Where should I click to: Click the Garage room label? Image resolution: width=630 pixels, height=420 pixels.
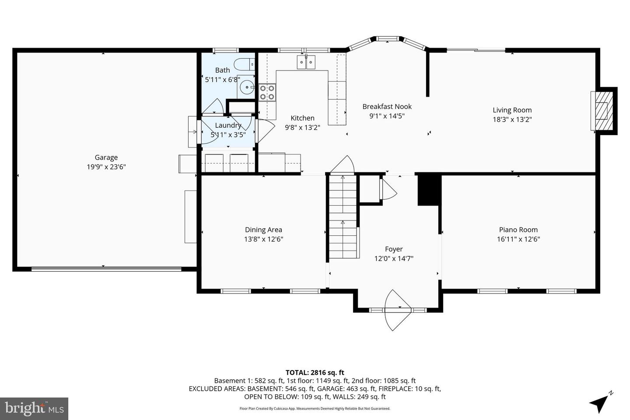tap(106, 157)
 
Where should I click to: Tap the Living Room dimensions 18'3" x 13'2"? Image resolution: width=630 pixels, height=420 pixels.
tap(512, 119)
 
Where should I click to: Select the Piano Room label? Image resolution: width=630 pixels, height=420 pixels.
tap(518, 230)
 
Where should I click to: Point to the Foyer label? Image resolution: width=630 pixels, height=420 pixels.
tap(394, 249)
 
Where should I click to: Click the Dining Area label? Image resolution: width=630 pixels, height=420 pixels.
tap(263, 230)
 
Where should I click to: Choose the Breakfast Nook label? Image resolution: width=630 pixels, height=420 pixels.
tap(387, 106)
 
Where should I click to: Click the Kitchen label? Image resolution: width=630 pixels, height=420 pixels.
tap(302, 118)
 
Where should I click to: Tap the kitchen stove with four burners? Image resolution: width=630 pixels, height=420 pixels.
tap(266, 92)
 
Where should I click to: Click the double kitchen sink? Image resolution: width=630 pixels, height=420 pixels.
tap(307, 62)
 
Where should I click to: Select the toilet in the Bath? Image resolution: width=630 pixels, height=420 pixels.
tap(245, 65)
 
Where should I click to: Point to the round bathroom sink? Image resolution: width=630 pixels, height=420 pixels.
tap(248, 87)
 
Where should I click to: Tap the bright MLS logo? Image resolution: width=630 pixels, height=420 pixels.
tap(34, 409)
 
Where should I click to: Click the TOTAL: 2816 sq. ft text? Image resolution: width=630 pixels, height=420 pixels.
tap(315, 373)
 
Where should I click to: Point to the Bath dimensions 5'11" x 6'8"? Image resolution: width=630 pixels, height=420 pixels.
tap(222, 80)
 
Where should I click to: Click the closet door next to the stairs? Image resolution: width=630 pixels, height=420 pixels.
tap(388, 189)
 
